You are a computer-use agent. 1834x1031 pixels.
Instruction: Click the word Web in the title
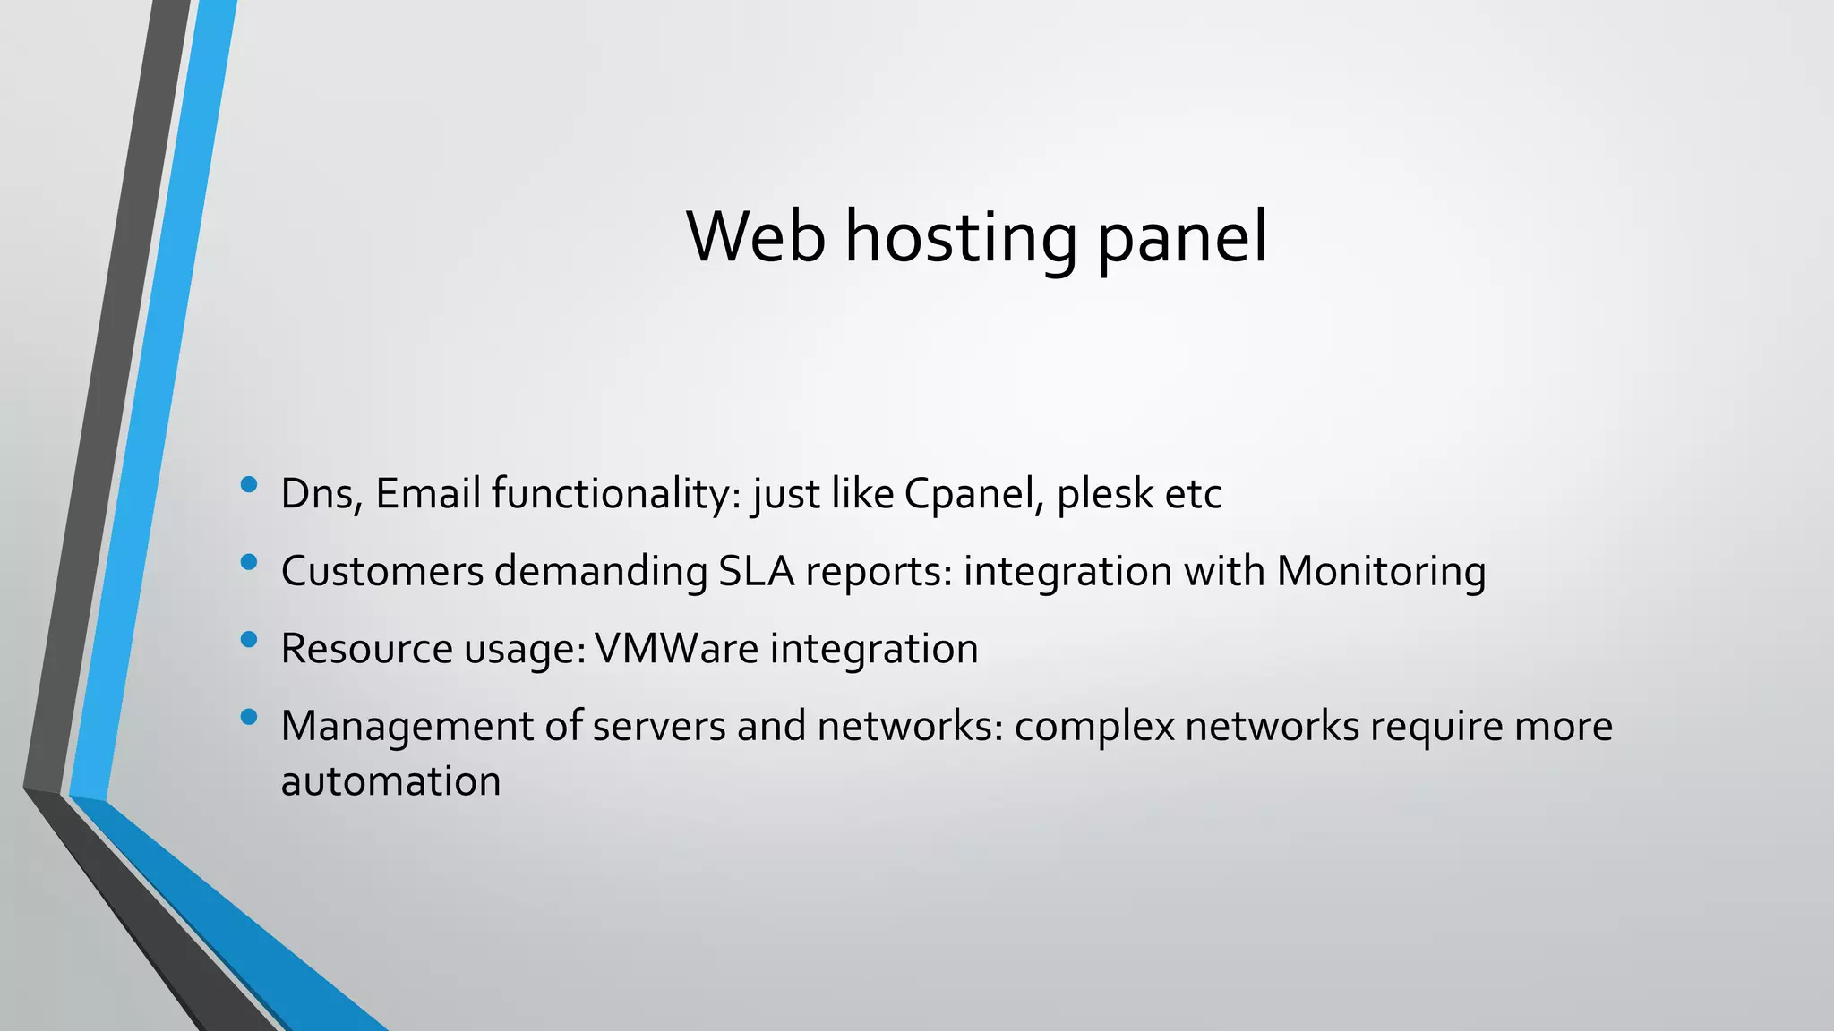756,236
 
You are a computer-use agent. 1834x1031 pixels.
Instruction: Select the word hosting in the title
961,238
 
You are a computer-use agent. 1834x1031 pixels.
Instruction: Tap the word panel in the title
1182,238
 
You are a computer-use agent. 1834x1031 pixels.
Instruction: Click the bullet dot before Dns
249,485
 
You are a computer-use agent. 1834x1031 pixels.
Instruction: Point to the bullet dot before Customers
249,563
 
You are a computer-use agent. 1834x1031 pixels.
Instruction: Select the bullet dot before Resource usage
249,640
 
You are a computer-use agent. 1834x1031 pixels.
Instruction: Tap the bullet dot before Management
249,717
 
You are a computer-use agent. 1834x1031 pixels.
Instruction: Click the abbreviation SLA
757,571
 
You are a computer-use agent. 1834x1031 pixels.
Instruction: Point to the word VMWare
676,648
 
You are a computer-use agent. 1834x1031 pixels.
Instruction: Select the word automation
390,781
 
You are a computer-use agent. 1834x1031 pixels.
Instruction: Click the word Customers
382,571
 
